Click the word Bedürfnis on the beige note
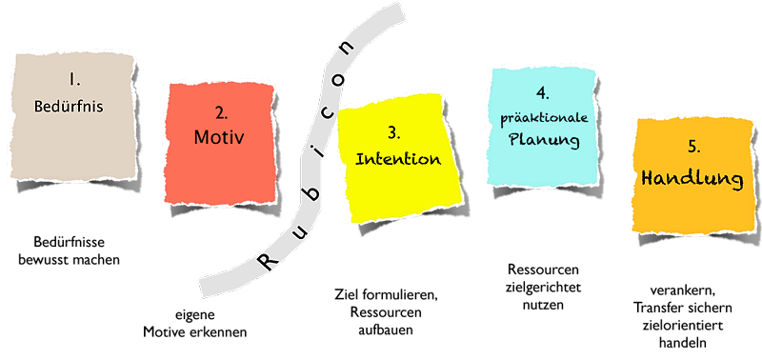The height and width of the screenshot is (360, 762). [x=69, y=107]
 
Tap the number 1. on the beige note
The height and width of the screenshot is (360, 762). [x=74, y=80]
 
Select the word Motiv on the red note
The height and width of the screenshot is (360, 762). [x=218, y=137]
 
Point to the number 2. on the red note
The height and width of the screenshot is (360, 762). [x=222, y=113]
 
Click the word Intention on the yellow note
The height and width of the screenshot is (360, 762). [x=398, y=159]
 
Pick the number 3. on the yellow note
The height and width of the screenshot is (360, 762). [x=394, y=134]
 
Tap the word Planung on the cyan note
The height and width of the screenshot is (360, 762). [x=544, y=140]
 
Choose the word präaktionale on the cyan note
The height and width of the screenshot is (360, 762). [x=544, y=119]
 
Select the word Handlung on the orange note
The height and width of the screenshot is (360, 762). [x=692, y=179]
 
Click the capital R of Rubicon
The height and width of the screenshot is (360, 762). [x=268, y=262]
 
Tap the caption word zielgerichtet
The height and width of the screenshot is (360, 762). [x=543, y=288]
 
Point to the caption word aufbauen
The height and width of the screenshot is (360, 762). [x=386, y=330]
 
